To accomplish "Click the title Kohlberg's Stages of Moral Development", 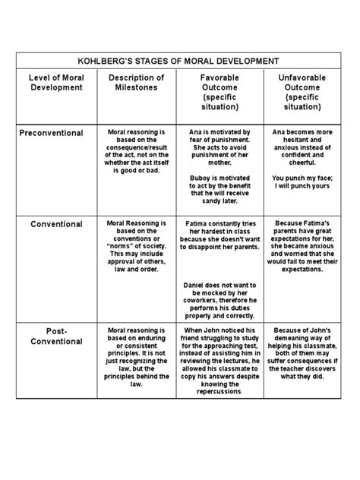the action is pos(180,61).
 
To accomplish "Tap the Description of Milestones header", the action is pos(136,83).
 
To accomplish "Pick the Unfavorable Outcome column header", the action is pos(303,93).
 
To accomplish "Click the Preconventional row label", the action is pos(51,132).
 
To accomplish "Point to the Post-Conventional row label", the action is pos(56,336).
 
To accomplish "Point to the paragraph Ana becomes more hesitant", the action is pos(303,144).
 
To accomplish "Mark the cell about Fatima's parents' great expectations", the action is pos(303,247).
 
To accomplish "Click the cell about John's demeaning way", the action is pos(303,353).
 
